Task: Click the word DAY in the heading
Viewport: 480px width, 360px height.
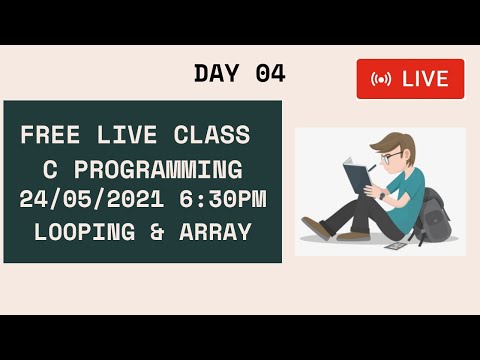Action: click(213, 73)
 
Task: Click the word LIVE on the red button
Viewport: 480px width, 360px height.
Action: click(425, 79)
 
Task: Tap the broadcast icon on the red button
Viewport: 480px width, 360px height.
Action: click(381, 79)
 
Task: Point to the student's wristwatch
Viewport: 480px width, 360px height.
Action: click(381, 195)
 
